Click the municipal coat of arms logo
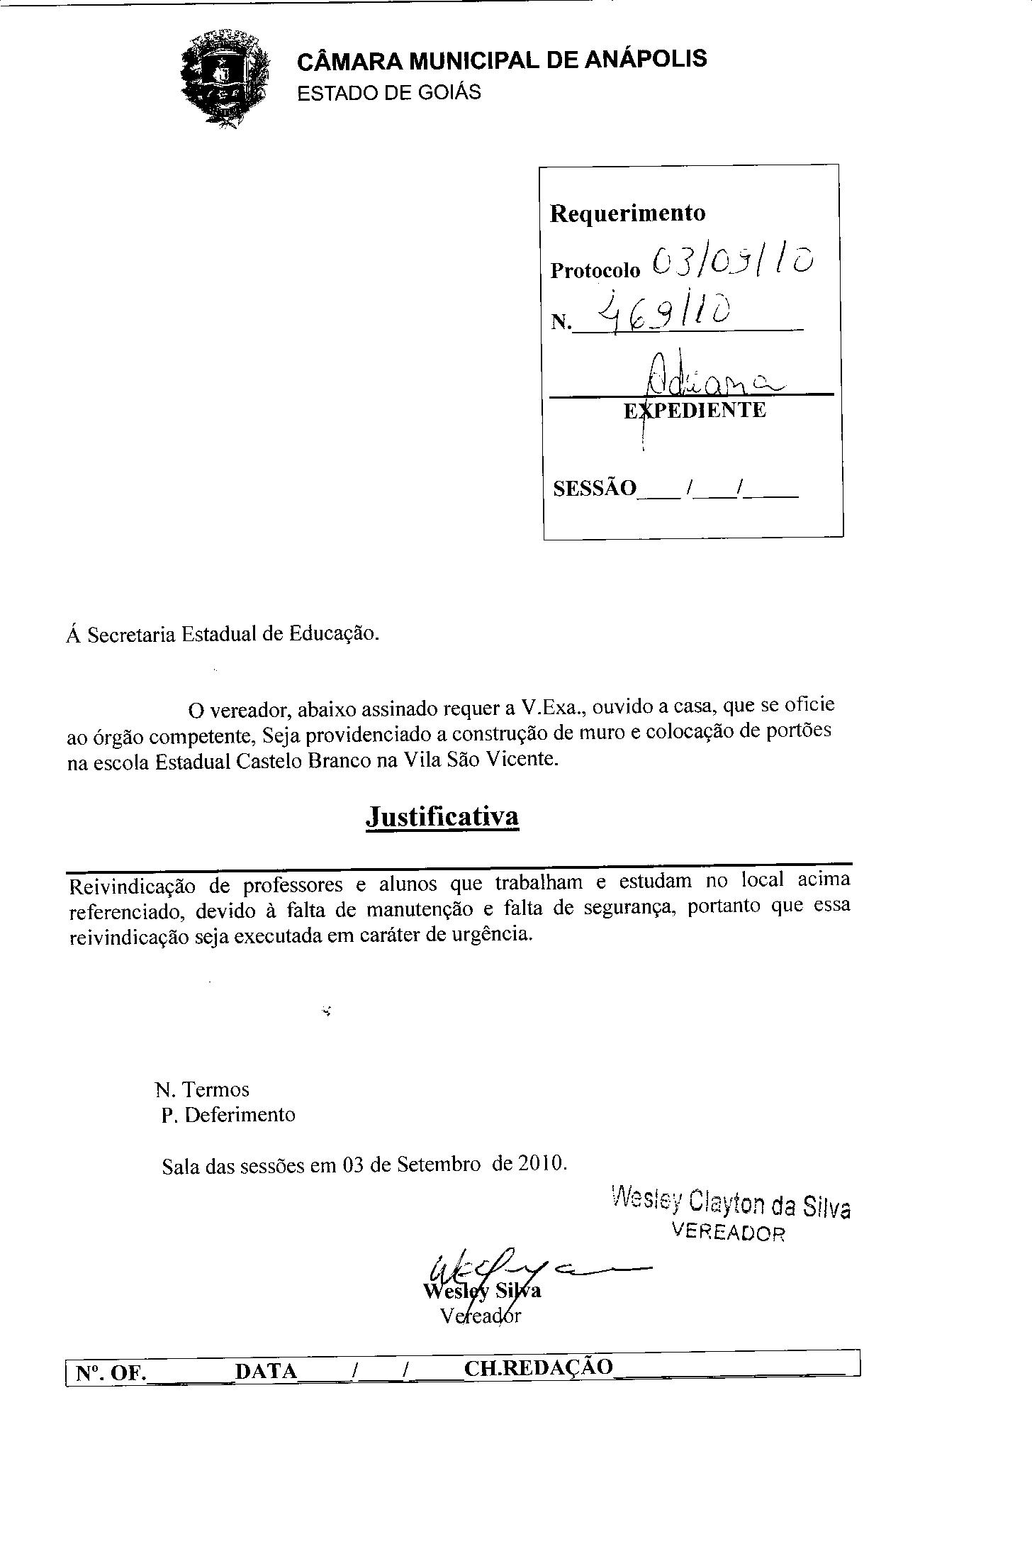(225, 78)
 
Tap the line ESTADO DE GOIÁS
(388, 93)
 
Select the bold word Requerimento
(627, 213)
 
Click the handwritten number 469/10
(664, 313)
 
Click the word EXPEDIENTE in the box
(695, 411)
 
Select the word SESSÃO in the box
(594, 489)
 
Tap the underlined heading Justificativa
(442, 816)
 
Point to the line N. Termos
(203, 1089)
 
